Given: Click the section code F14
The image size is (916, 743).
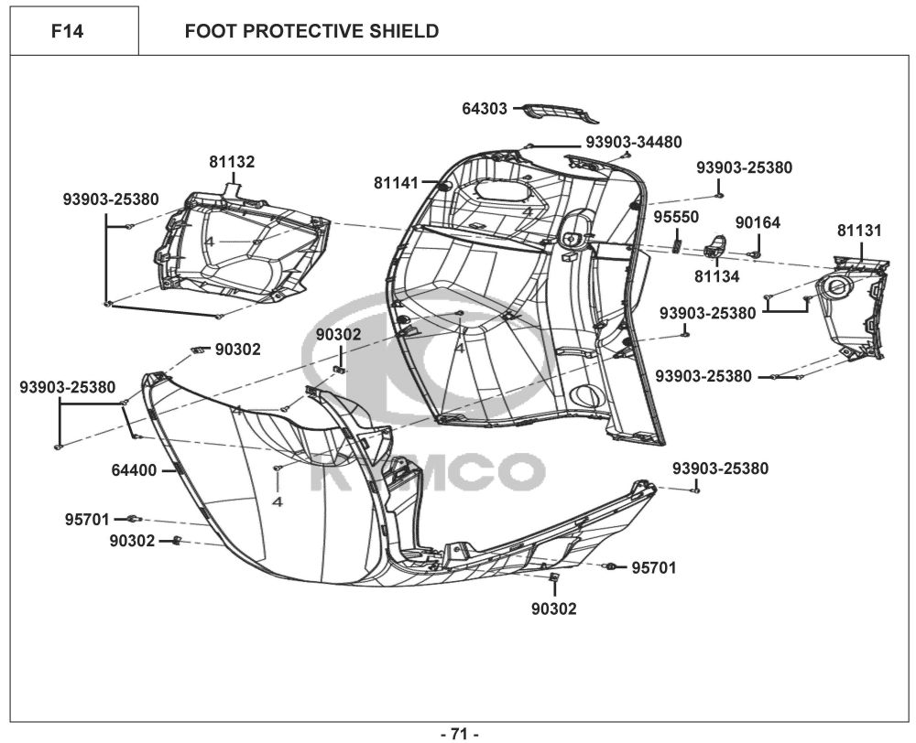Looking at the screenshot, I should pyautogui.click(x=68, y=32).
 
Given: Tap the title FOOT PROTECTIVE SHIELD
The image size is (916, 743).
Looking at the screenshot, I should pyautogui.click(x=311, y=32).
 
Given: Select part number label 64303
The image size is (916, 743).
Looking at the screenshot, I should pyautogui.click(x=485, y=109).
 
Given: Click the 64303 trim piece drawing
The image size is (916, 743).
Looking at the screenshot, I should pyautogui.click(x=562, y=113).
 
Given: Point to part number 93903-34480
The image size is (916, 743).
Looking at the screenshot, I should pyautogui.click(x=634, y=142).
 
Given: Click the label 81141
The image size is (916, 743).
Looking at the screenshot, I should pyautogui.click(x=397, y=183).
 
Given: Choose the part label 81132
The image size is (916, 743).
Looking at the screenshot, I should pyautogui.click(x=232, y=162).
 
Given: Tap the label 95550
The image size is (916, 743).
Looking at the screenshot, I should pyautogui.click(x=676, y=217).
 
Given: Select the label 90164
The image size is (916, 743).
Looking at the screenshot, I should pyautogui.click(x=758, y=222).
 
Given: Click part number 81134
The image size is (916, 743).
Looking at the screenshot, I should pyautogui.click(x=717, y=275).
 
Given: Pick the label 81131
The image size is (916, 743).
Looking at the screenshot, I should pyautogui.click(x=859, y=231).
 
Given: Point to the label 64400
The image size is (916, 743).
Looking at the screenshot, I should pyautogui.click(x=135, y=470).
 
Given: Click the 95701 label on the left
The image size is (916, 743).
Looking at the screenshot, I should pyautogui.click(x=88, y=520).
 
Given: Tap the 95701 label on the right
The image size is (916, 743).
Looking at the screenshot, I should pyautogui.click(x=654, y=568).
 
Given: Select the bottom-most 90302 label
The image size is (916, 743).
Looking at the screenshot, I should pyautogui.click(x=554, y=608).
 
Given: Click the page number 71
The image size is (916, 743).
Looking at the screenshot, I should pyautogui.click(x=460, y=733).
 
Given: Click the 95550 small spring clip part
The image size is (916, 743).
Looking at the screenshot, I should pyautogui.click(x=677, y=240).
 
